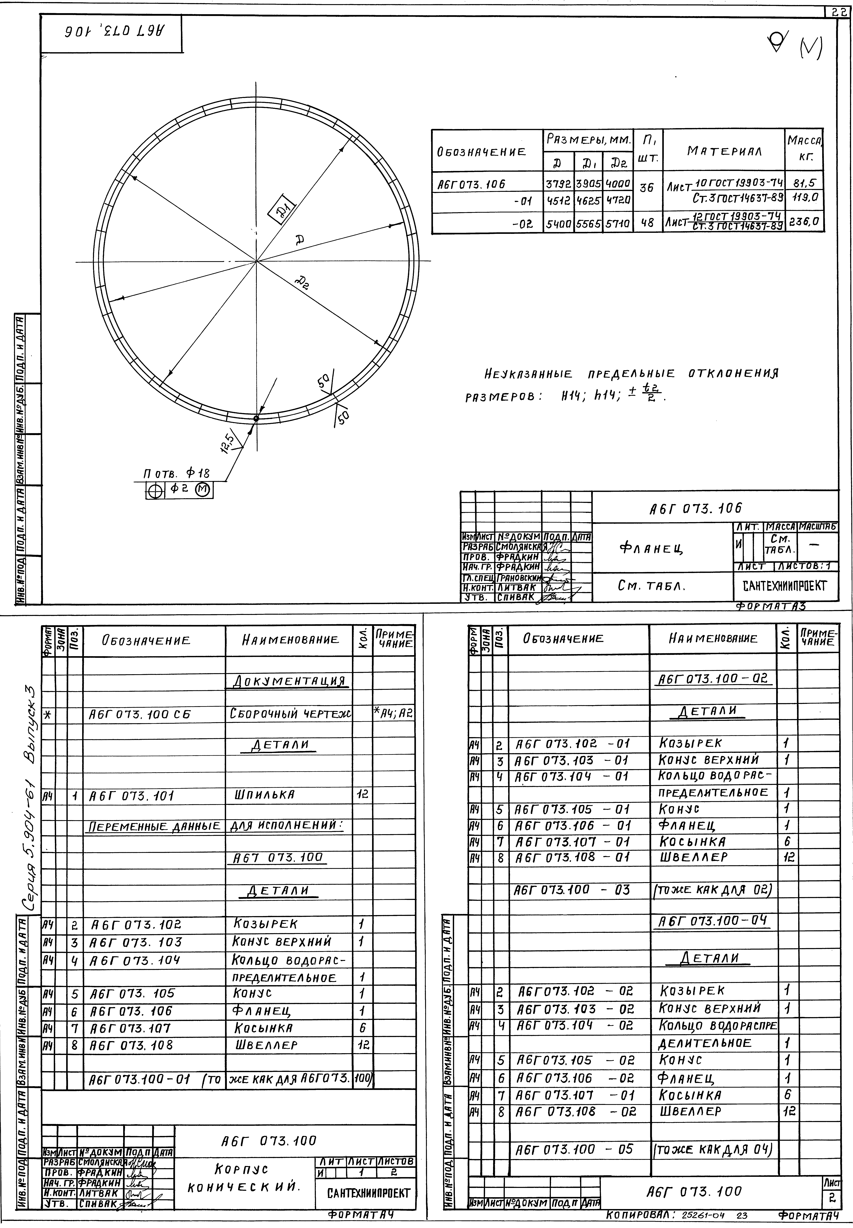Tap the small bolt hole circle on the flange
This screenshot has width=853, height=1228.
pyautogui.click(x=256, y=418)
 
